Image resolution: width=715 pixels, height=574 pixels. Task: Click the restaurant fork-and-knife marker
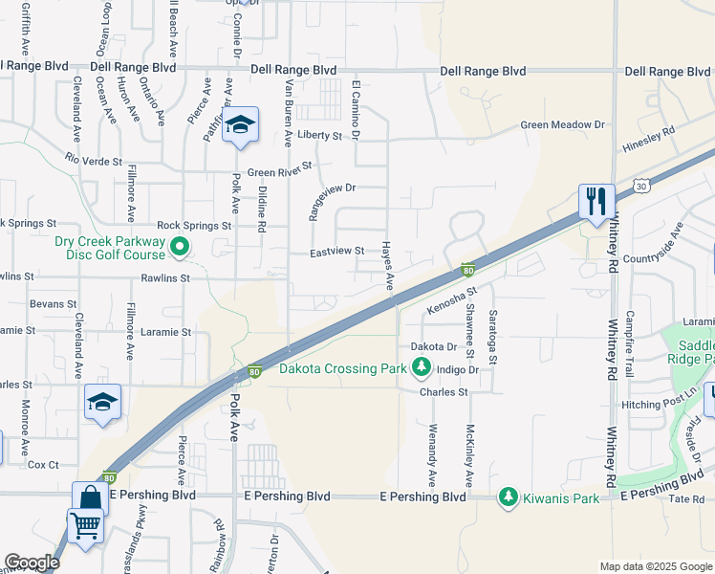click(594, 201)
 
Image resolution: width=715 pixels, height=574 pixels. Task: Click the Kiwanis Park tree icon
click(508, 497)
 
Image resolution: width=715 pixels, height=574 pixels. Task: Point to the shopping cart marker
click(85, 525)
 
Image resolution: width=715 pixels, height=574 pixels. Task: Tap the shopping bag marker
click(90, 497)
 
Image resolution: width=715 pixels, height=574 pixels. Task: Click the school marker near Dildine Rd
click(240, 126)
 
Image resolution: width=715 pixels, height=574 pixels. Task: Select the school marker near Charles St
click(102, 403)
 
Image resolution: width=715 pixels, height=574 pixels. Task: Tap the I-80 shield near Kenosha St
click(467, 271)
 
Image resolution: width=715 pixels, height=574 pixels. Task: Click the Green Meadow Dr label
click(563, 125)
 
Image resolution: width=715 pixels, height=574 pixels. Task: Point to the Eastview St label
click(337, 252)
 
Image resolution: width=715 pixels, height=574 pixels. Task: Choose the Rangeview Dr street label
click(331, 188)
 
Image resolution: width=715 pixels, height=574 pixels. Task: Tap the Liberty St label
click(319, 136)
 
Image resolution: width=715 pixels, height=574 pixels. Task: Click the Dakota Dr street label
click(433, 346)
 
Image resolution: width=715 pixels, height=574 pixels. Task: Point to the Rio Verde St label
click(95, 159)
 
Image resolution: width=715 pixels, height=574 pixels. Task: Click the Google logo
click(32, 563)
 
